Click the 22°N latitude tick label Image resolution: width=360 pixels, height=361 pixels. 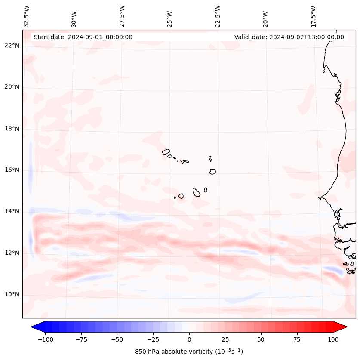[12, 46]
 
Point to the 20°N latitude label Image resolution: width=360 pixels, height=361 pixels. [12, 87]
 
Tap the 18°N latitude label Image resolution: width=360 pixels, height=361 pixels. [12, 129]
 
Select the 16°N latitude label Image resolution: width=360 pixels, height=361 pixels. [12, 170]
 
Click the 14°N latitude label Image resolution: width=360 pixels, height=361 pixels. [12, 211]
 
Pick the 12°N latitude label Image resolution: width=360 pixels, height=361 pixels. [12, 253]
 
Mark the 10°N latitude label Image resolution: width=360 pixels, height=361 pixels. [12, 294]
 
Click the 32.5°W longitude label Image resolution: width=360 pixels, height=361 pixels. [27, 16]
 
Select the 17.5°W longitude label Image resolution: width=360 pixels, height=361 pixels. [313, 16]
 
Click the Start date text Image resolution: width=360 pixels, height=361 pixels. [83, 37]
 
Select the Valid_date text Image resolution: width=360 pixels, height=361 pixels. [289, 37]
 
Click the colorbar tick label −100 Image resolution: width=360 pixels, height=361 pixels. [45, 339]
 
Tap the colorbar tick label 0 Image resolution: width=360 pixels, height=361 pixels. [189, 339]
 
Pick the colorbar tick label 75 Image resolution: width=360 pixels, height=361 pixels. [297, 339]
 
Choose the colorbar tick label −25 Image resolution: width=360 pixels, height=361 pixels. [153, 339]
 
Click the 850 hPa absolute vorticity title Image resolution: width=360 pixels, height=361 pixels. [189, 352]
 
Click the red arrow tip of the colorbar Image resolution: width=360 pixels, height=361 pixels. [342, 327]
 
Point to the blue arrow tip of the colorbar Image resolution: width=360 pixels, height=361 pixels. [36, 327]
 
